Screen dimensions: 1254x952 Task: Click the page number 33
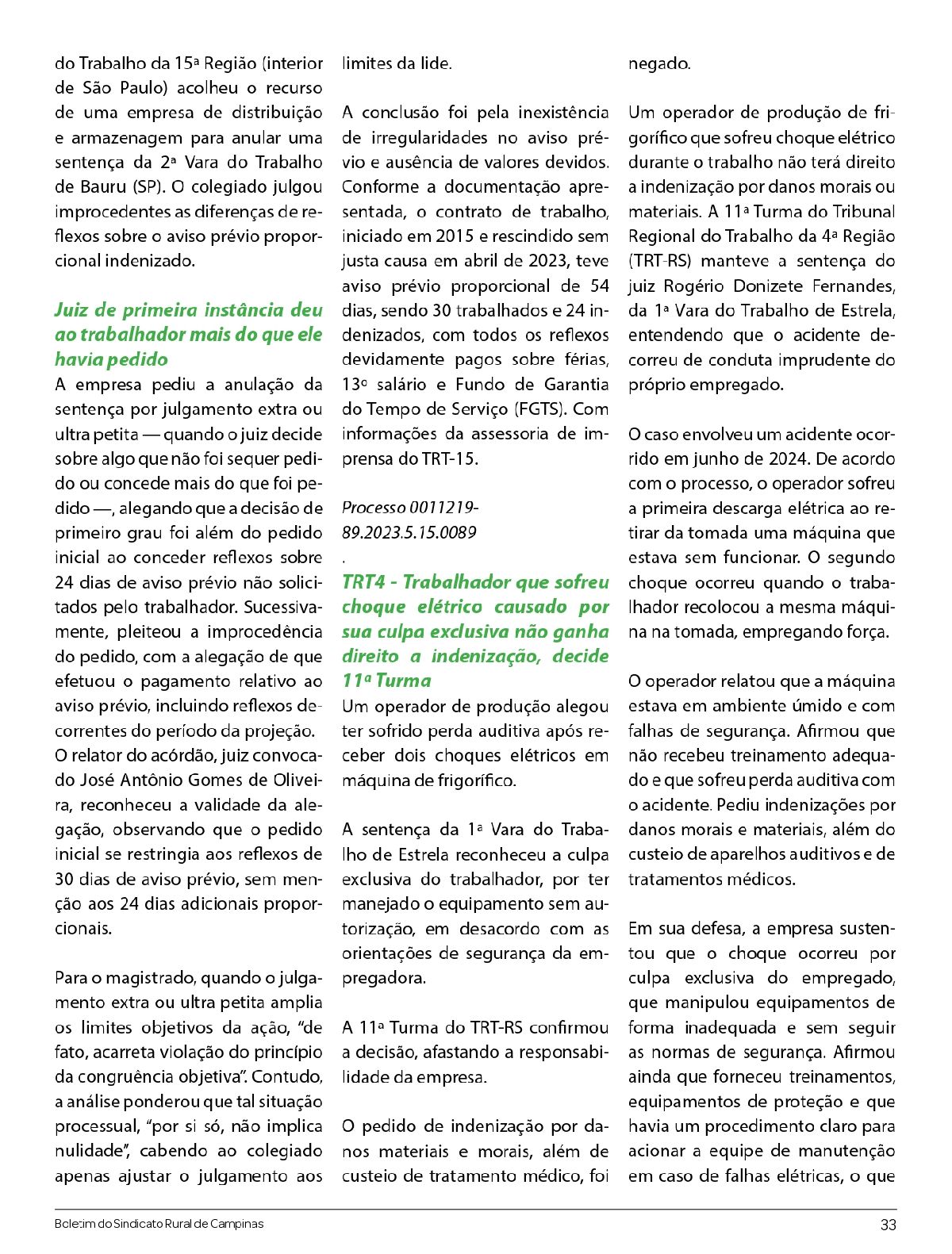click(888, 1225)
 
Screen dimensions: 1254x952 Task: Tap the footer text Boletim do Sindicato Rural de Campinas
click(159, 1224)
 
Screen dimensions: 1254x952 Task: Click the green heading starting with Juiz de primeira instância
click(189, 335)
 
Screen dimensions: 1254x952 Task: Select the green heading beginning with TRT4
click(475, 631)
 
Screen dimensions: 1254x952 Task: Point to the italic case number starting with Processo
click(409, 520)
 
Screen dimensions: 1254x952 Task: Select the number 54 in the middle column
click(599, 286)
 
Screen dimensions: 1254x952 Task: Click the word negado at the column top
click(659, 63)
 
